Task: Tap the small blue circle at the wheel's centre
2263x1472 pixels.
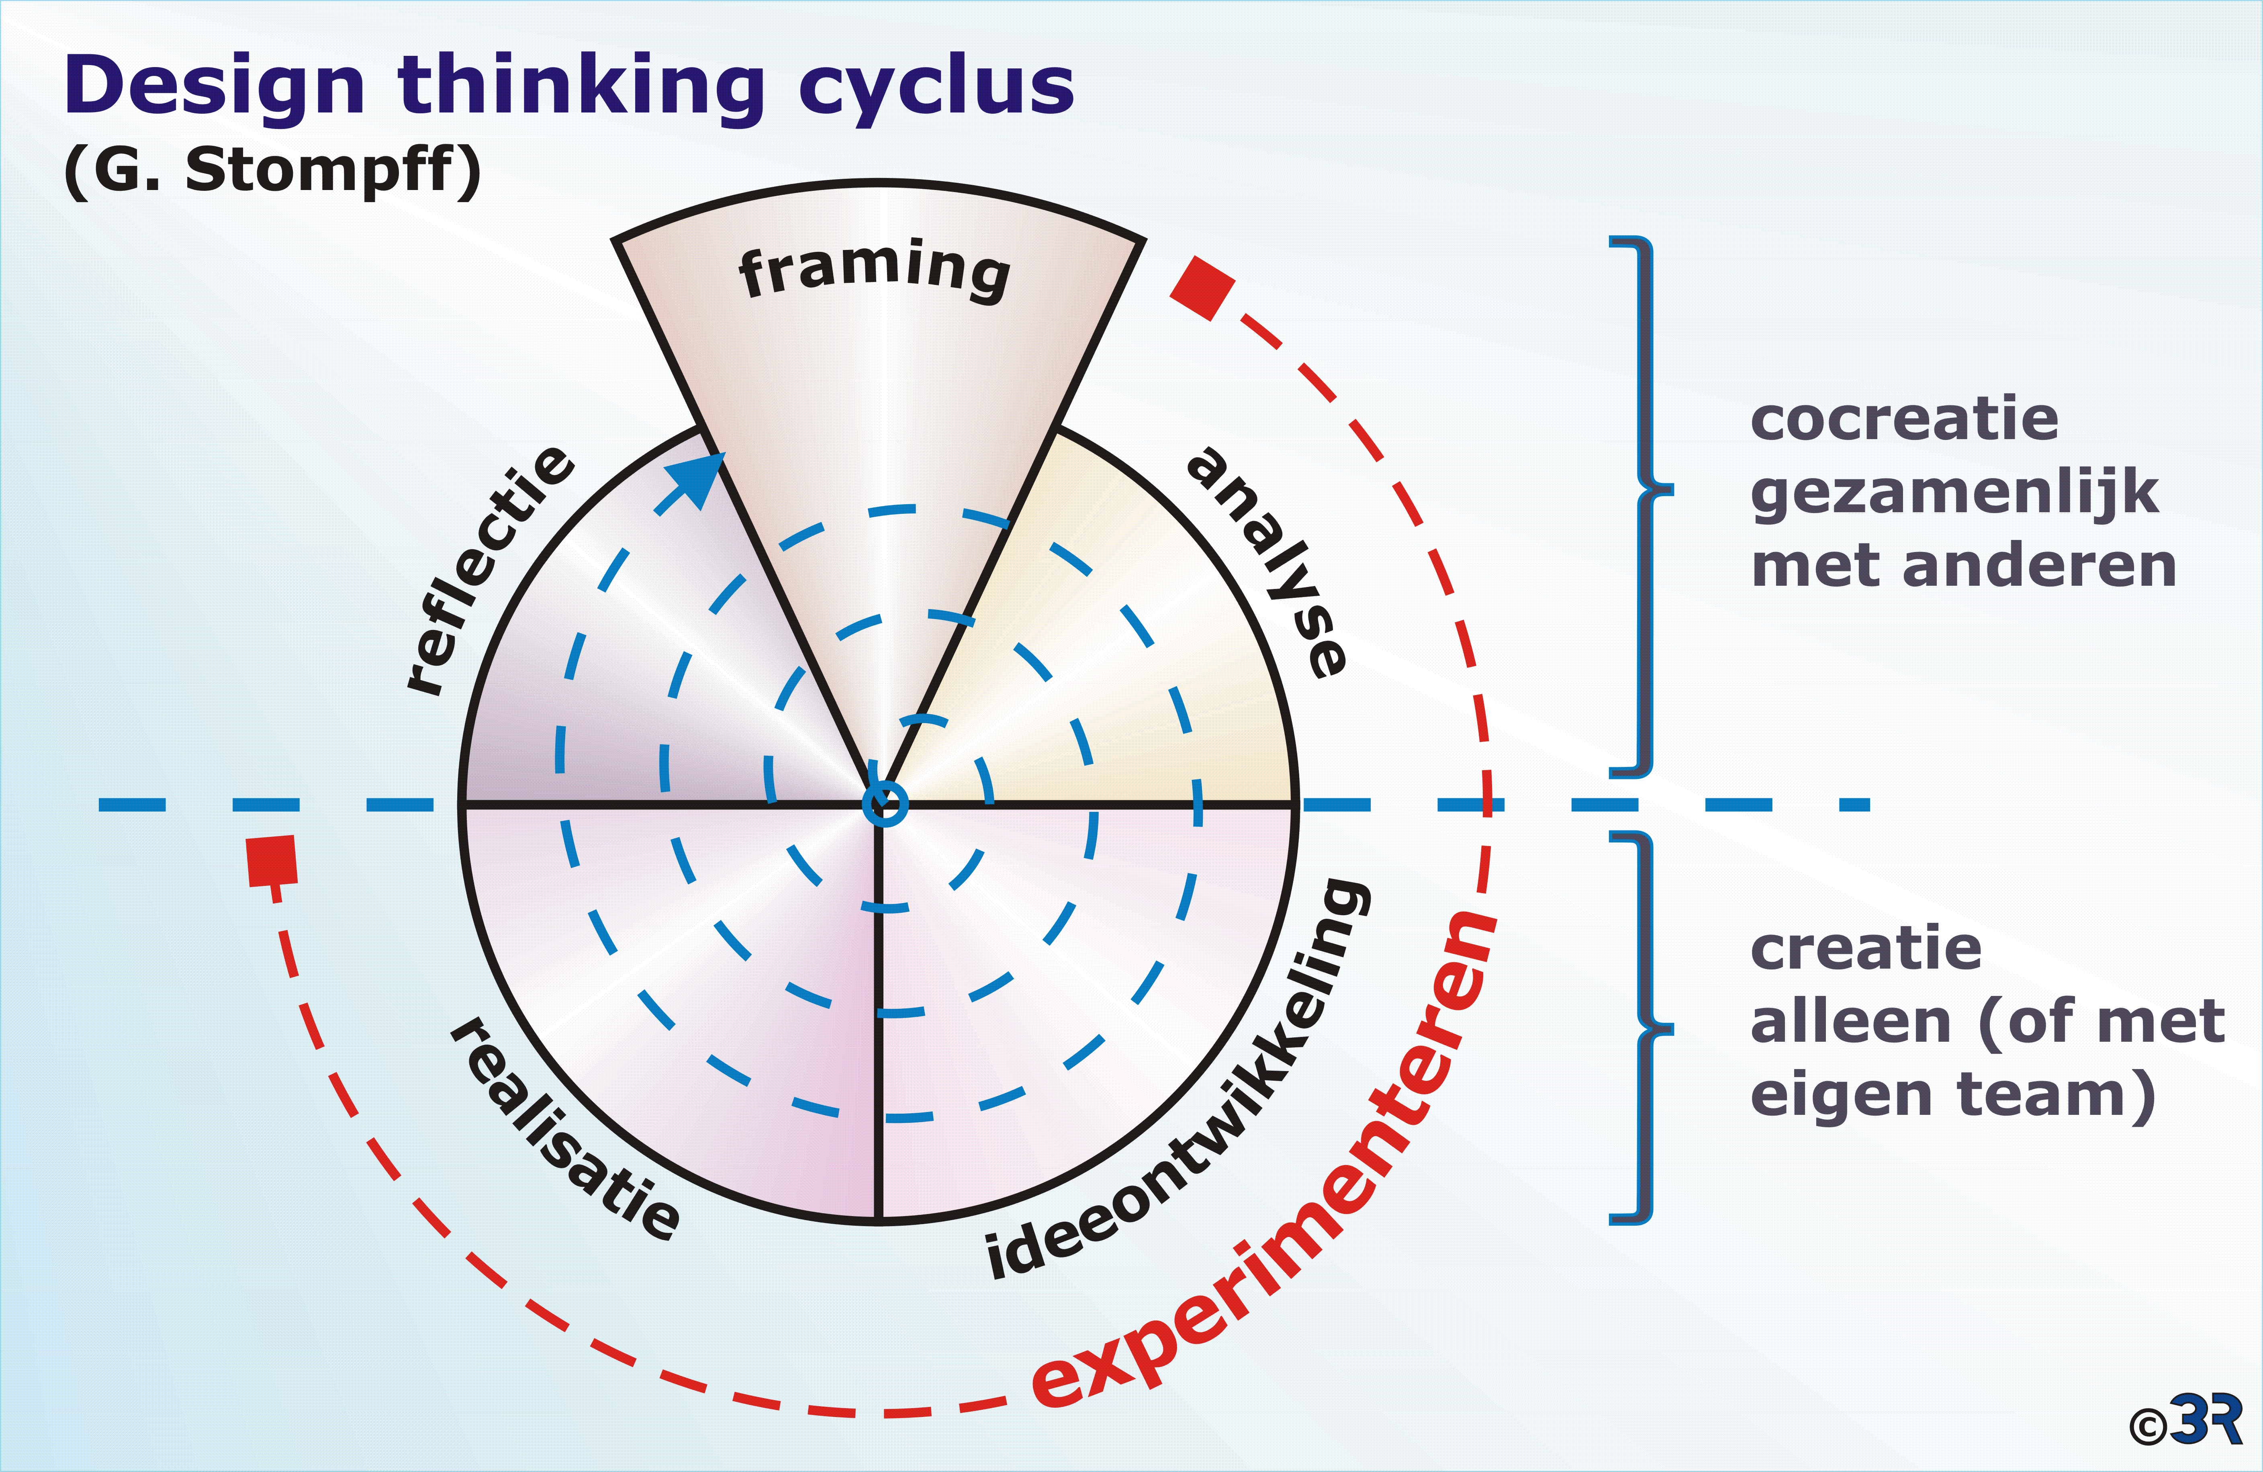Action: coord(884,803)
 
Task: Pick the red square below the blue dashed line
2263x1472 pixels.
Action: coord(272,861)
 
